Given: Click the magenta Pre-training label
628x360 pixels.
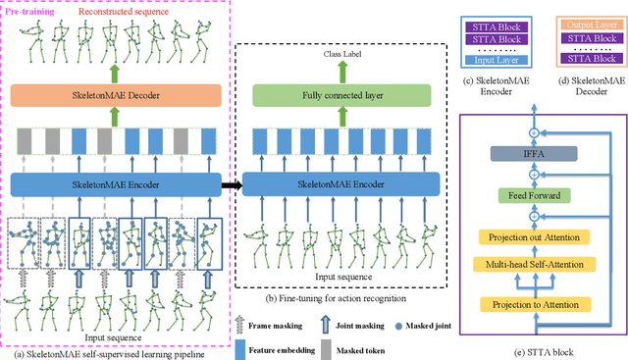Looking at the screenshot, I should [36, 11].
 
